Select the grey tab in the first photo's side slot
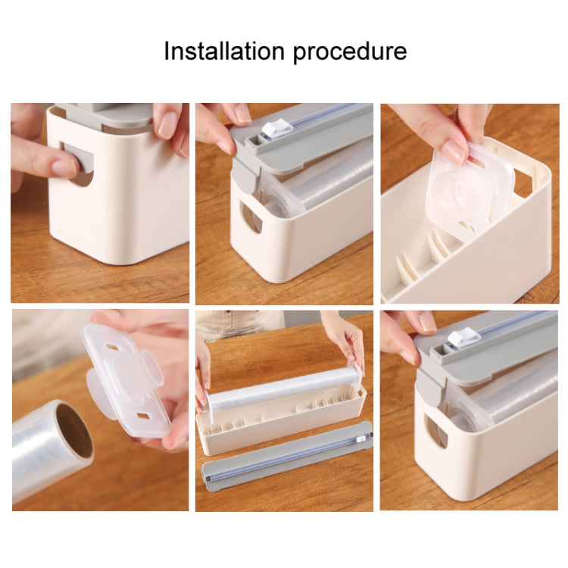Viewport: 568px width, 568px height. [85, 159]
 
